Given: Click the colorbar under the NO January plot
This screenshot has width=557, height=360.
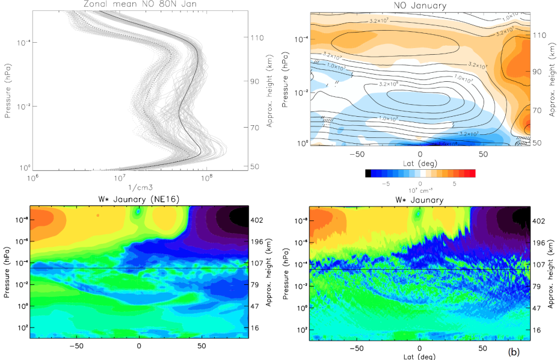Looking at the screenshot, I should (x=420, y=173).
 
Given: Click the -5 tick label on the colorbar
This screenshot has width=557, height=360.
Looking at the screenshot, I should (x=387, y=182).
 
